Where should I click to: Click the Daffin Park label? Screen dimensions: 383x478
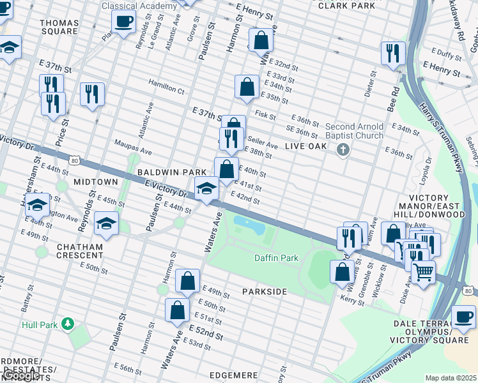(276, 259)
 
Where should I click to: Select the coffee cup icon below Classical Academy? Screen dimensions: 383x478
(123, 20)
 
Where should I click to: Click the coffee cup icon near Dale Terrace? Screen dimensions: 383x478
(463, 317)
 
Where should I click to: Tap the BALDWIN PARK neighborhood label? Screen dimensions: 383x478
(171, 172)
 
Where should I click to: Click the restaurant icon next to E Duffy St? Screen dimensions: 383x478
(393, 53)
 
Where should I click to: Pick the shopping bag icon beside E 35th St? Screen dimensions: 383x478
(247, 86)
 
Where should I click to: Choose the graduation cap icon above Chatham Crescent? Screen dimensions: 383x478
(106, 223)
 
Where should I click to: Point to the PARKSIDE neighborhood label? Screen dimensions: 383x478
(265, 291)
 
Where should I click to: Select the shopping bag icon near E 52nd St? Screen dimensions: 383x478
(177, 310)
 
